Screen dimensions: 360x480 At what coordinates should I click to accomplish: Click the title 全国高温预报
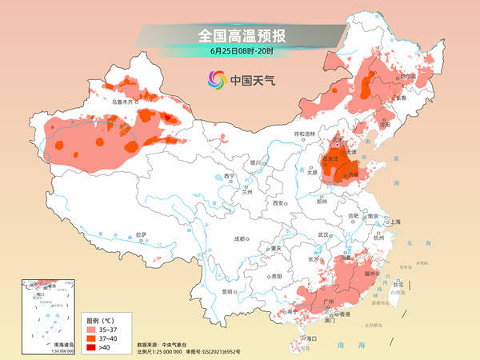click(240, 36)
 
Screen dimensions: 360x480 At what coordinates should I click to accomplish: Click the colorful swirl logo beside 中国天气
click(217, 80)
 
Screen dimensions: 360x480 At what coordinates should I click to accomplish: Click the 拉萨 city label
click(142, 234)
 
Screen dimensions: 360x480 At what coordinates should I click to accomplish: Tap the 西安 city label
click(279, 203)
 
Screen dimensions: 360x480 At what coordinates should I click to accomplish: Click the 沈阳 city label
click(389, 125)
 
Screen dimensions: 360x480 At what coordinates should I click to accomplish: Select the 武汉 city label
click(324, 234)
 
